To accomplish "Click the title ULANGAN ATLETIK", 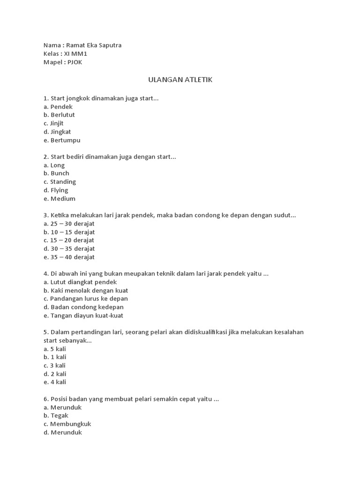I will (x=180, y=80).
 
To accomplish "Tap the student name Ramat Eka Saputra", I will (x=94, y=45).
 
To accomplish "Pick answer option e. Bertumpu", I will (x=62, y=140).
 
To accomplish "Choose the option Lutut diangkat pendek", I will (x=83, y=282).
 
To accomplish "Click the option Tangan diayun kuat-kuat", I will (x=87, y=315).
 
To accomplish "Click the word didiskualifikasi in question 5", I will (x=196, y=332).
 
